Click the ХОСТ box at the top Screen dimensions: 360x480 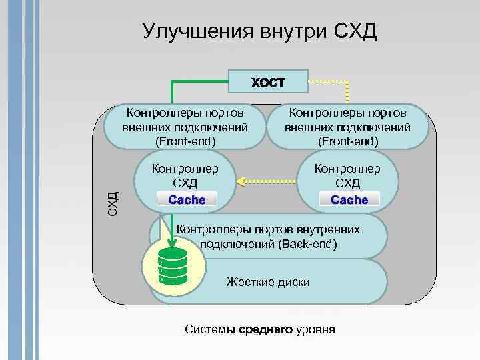tap(268, 83)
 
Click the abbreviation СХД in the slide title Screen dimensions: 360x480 tap(355, 31)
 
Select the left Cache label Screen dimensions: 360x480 tap(187, 199)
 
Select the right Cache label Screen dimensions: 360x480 tap(349, 199)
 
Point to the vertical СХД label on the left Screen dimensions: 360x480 tap(113, 198)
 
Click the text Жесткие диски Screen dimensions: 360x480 tap(268, 282)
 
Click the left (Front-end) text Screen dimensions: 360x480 tap(185, 141)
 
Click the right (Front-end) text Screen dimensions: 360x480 tap(347, 141)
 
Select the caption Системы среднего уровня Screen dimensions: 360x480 tap(259, 330)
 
